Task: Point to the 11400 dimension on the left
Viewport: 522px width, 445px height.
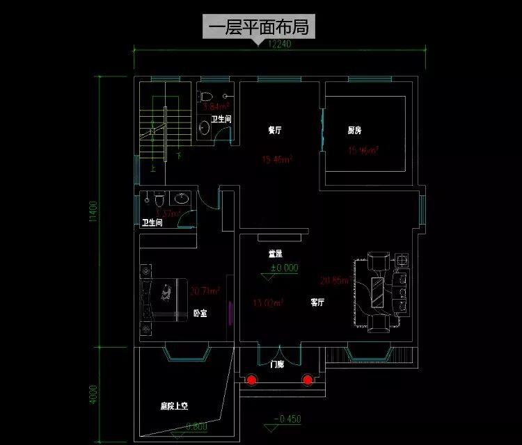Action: pyautogui.click(x=93, y=211)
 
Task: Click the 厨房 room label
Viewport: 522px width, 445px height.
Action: pyautogui.click(x=354, y=130)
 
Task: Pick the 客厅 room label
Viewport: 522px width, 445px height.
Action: pyautogui.click(x=317, y=302)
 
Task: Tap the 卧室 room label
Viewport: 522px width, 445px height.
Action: pyautogui.click(x=200, y=314)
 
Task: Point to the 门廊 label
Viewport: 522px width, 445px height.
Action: pyautogui.click(x=277, y=364)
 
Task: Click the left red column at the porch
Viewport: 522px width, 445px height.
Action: pyautogui.click(x=251, y=380)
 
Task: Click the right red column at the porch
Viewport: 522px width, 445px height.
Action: pyautogui.click(x=308, y=380)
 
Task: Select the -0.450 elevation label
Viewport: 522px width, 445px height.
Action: pyautogui.click(x=287, y=419)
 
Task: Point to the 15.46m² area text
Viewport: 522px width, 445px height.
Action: pyautogui.click(x=276, y=159)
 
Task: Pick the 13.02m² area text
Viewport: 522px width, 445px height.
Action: pyautogui.click(x=267, y=302)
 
